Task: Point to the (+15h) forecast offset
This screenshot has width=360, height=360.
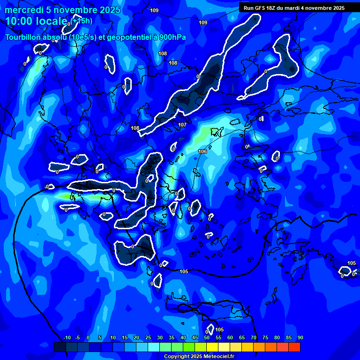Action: coord(82,21)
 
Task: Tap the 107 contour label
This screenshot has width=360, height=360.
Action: coord(182,125)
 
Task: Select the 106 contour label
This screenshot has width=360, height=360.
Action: coord(202,151)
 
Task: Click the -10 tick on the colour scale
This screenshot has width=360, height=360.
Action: coord(67,338)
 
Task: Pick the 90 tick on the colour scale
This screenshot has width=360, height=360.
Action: coord(300,338)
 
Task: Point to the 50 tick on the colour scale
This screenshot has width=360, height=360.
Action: coord(207,338)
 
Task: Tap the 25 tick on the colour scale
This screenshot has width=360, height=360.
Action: coord(148,338)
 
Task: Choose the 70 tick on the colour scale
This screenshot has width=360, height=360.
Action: coord(254,338)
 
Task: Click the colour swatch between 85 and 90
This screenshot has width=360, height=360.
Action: coord(294,347)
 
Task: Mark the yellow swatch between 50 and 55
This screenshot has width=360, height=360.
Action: coord(212,347)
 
